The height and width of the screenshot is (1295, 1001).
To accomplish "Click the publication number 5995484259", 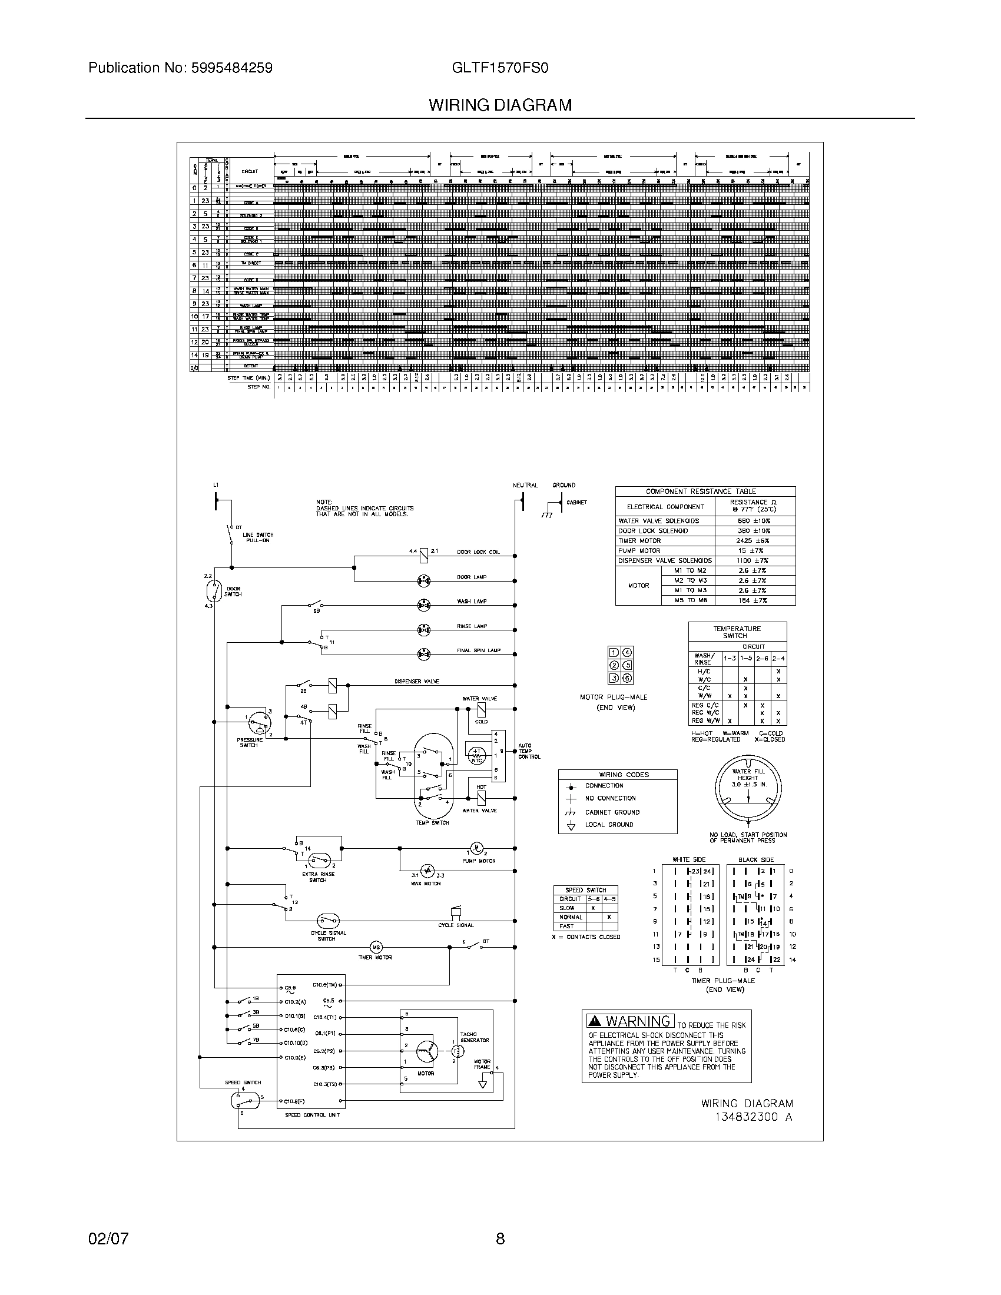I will [x=231, y=68].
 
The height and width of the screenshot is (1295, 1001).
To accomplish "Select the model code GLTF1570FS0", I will [x=500, y=68].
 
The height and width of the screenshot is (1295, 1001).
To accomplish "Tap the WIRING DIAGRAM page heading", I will [x=501, y=105].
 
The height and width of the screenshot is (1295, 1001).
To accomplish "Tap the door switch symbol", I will [x=214, y=590].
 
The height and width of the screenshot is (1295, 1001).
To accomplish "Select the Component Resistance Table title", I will [x=704, y=492].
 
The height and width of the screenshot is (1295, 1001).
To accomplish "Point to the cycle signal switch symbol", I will [x=327, y=921].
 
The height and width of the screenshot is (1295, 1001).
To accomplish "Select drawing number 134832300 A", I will [x=753, y=1117].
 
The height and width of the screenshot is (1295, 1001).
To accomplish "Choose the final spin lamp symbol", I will [x=423, y=654].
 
